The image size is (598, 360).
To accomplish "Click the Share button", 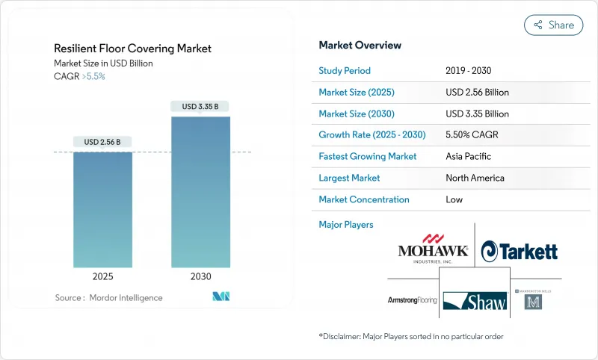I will click(553, 25).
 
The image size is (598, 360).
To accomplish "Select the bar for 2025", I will click(102, 209).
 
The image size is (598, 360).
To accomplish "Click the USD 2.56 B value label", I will click(102, 142).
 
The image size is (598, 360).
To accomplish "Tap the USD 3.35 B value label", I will click(200, 107).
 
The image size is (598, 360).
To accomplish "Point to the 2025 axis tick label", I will click(102, 276).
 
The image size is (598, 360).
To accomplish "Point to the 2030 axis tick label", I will click(200, 276).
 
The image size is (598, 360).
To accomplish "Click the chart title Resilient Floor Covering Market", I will click(132, 49).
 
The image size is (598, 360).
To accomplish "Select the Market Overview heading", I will click(360, 46).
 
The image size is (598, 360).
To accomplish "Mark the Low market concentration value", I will click(454, 199).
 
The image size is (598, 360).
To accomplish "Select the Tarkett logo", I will click(520, 251).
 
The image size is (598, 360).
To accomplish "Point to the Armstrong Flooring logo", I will click(412, 300).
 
